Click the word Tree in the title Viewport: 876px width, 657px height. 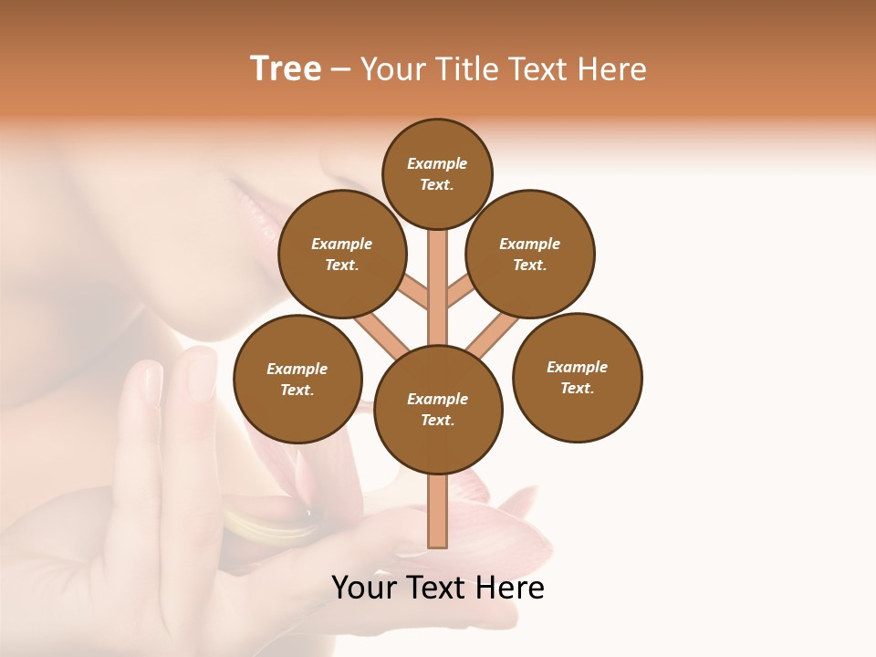coord(286,69)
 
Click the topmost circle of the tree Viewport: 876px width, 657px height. coord(437,173)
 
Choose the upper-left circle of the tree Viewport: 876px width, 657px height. coord(342,254)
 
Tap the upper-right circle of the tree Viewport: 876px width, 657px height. coord(530,254)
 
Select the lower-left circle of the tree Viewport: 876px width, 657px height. coord(297,379)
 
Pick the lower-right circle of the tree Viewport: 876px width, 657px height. coord(577,377)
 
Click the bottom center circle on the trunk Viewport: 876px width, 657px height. coord(438,410)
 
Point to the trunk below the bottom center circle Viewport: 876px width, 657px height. coord(438,511)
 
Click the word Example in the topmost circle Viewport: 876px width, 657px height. coord(437,163)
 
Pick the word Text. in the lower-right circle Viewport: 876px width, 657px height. coord(577,388)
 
